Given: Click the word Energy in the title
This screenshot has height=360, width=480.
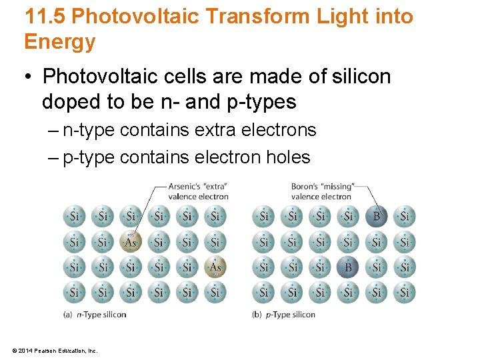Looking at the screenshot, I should pyautogui.click(x=60, y=42).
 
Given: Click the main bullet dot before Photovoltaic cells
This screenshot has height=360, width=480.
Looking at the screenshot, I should pyautogui.click(x=29, y=77).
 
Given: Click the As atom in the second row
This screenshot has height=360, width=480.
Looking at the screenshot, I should pyautogui.click(x=131, y=242).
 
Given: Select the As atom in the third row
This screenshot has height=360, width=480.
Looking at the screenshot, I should pyautogui.click(x=215, y=267).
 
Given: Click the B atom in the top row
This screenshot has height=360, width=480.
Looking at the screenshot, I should pyautogui.click(x=377, y=216).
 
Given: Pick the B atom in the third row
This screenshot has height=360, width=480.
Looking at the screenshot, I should pyautogui.click(x=348, y=267).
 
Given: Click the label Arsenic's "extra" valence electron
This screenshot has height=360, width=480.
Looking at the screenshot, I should pyautogui.click(x=198, y=191).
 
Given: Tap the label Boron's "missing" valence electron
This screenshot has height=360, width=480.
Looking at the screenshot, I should pyautogui.click(x=322, y=191).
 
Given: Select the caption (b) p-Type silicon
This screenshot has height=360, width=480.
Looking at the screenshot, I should pyautogui.click(x=284, y=315).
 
